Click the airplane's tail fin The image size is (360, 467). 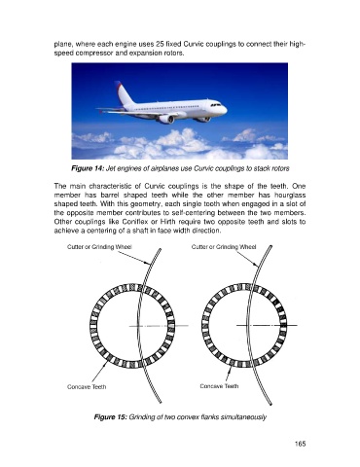point(124,93)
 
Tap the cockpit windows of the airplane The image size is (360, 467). point(216,105)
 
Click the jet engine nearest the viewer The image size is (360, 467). point(166,120)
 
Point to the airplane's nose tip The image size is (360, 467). point(227,110)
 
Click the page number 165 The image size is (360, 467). point(300,444)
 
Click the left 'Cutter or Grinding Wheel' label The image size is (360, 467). point(99,247)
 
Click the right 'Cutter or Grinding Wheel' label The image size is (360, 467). point(224,247)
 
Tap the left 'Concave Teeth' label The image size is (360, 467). point(87,387)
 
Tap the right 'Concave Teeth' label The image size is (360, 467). point(219,386)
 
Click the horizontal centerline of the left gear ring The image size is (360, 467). point(159,326)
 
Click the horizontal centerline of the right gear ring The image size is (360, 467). point(267,325)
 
